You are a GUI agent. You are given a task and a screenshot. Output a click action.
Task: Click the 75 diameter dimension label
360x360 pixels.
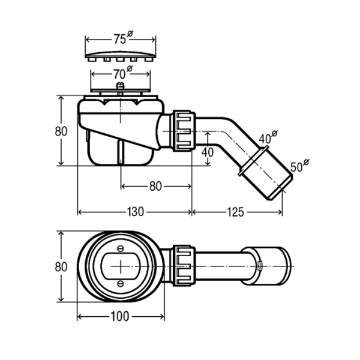pos(123,38)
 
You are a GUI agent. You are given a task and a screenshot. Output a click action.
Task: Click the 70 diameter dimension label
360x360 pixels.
pos(123,73)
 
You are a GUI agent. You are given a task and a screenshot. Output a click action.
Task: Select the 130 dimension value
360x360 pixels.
pos(135,212)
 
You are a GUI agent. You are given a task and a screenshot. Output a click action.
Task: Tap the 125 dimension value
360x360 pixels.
pos(235,212)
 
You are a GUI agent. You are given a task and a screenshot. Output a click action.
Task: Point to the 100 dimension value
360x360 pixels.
pos(120,316)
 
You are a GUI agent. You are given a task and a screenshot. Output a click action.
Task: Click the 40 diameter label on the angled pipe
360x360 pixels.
pos(268,137)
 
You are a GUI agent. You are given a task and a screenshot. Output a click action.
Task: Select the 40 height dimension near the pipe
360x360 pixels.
pos(208,152)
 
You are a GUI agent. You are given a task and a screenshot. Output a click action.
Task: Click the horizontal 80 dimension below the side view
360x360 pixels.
pos(155,186)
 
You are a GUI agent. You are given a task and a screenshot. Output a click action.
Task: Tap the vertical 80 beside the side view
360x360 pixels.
pos(61,131)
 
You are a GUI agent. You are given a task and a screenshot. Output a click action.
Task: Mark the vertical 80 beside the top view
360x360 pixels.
pos(61,267)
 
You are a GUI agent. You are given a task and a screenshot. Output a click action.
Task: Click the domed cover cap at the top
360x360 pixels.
pos(121,56)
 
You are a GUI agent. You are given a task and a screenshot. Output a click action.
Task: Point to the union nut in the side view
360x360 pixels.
pos(184,131)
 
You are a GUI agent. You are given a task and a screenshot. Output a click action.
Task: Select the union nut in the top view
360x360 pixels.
pos(184,265)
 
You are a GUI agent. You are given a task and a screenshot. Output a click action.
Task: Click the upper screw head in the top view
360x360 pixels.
pos(121,248)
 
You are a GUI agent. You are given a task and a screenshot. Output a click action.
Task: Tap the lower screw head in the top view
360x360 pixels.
pos(121,284)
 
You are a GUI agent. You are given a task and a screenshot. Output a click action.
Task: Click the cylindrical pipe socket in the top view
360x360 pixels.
pos(267,266)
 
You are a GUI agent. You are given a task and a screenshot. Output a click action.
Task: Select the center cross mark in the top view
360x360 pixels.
pos(121,266)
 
